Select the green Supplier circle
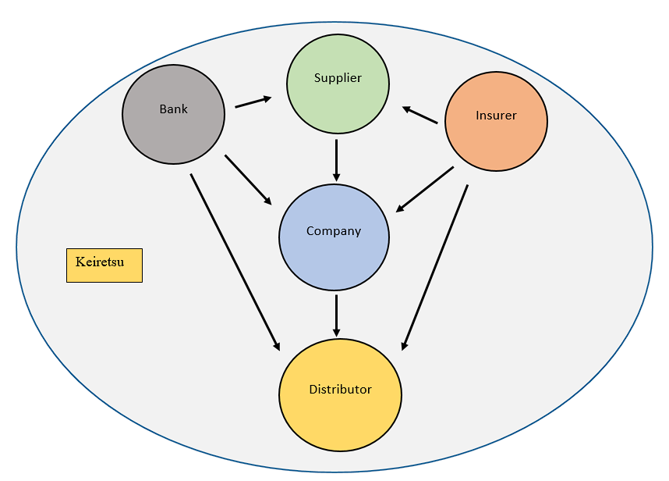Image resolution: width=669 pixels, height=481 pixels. click(337, 98)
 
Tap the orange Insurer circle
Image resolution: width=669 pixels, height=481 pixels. click(496, 137)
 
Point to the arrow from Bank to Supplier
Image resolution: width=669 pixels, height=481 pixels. click(253, 102)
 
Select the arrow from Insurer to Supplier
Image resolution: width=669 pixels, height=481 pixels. click(420, 115)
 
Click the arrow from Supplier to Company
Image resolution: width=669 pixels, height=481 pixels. click(336, 160)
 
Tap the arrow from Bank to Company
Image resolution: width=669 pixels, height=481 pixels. click(248, 180)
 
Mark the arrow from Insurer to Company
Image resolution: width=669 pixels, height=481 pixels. click(425, 189)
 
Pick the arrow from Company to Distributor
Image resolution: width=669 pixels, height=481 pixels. click(336, 314)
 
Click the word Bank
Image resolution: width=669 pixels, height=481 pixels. click(173, 109)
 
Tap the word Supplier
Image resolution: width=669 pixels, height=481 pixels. click(338, 78)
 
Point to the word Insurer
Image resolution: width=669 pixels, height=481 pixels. click(496, 116)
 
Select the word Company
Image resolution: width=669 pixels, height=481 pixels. click(334, 231)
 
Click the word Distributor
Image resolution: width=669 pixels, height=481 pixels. click(340, 389)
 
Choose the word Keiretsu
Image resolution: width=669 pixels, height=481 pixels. click(100, 262)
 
